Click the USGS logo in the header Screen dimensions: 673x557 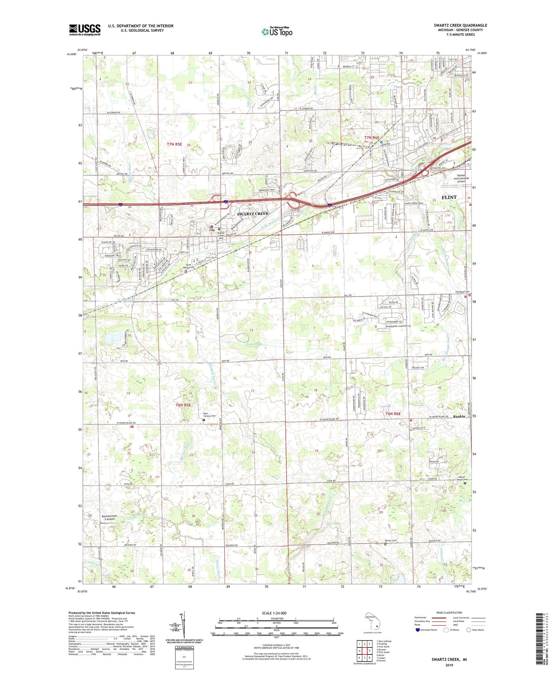(85, 30)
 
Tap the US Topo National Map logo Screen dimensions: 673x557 (277, 32)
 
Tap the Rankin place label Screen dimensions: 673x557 (459, 416)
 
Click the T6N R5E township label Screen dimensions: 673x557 (183, 405)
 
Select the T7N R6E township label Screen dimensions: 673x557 (372, 138)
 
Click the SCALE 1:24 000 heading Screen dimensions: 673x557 (277, 613)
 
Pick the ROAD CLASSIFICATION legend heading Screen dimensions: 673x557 (440, 613)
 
